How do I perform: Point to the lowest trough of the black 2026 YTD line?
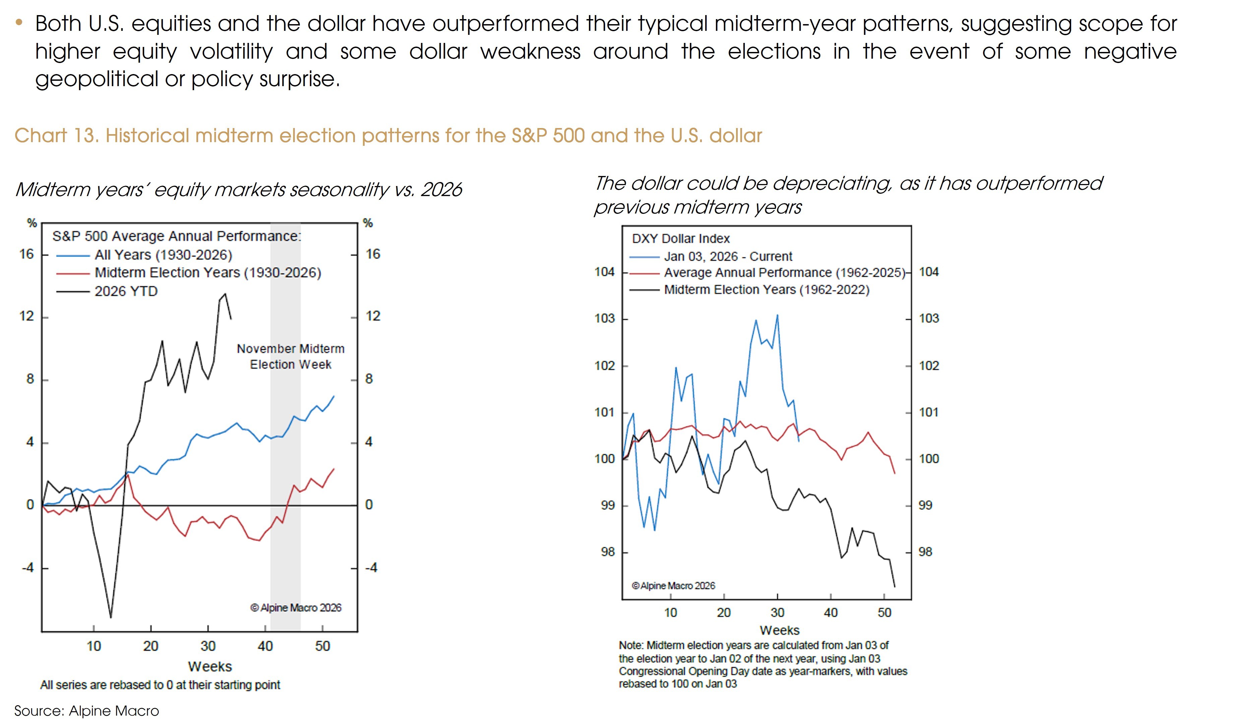tap(111, 617)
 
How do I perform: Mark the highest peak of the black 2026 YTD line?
tap(225, 294)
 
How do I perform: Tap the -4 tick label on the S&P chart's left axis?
tap(27, 568)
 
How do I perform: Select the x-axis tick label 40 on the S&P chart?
tap(265, 646)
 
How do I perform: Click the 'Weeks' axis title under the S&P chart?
tap(210, 666)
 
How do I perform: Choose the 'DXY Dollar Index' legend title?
tap(680, 239)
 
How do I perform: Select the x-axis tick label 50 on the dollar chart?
tap(885, 613)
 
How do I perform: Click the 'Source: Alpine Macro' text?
tap(87, 711)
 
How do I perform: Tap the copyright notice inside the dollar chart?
tap(673, 586)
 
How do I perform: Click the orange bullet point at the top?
tap(19, 22)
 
